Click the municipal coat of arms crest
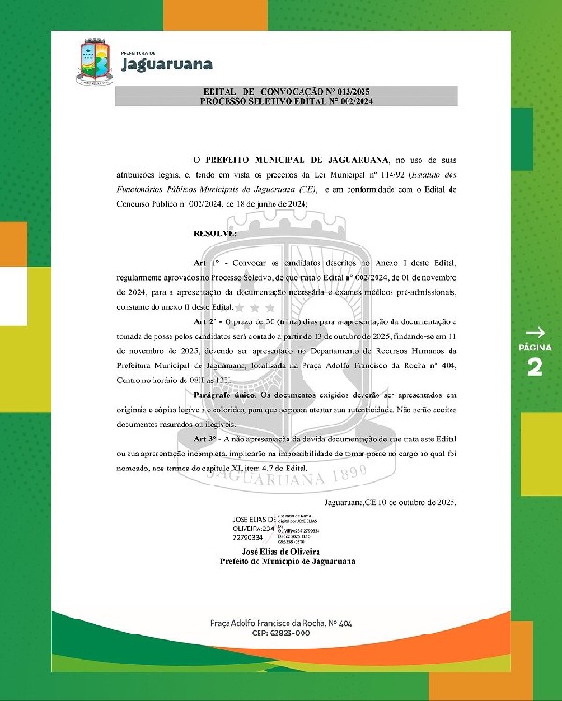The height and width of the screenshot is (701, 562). point(92,60)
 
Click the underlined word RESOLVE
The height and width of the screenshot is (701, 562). point(214,231)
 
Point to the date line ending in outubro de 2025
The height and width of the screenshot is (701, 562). point(390,503)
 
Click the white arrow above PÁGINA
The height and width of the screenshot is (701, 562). point(535,332)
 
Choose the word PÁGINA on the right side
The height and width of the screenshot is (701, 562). point(535,348)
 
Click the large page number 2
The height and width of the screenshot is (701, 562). point(535,366)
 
